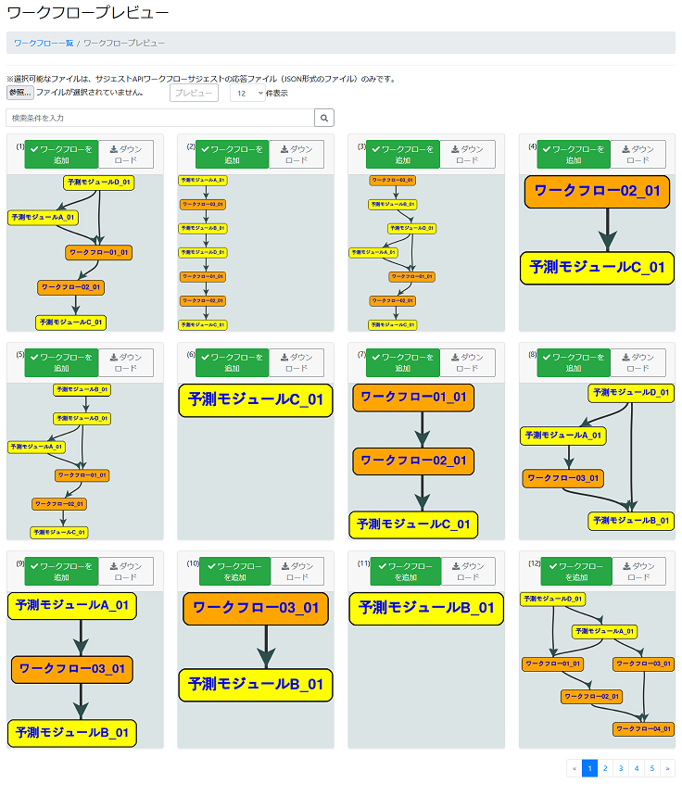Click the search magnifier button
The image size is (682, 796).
pyautogui.click(x=324, y=119)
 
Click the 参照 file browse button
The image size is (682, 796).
pyautogui.click(x=19, y=93)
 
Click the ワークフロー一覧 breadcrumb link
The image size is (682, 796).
pyautogui.click(x=44, y=43)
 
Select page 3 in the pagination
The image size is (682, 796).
pyautogui.click(x=620, y=768)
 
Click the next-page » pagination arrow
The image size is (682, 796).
pyautogui.click(x=667, y=768)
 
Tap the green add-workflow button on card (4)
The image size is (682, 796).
pyautogui.click(x=575, y=155)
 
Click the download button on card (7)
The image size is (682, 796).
pyautogui.click(x=467, y=362)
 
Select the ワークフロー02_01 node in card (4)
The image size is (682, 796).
pyautogui.click(x=597, y=192)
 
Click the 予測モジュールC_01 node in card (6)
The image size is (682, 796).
pyautogui.click(x=255, y=400)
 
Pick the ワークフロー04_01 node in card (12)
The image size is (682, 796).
pyautogui.click(x=643, y=729)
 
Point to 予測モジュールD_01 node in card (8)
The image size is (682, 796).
pyautogui.click(x=631, y=393)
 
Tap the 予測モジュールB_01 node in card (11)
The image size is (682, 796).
pyautogui.click(x=426, y=609)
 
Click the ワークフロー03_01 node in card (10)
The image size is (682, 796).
pyautogui.click(x=255, y=609)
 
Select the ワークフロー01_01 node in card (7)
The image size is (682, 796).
pyautogui.click(x=413, y=398)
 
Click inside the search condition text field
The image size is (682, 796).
pyautogui.click(x=159, y=119)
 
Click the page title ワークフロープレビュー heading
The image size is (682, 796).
pyautogui.click(x=88, y=14)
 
